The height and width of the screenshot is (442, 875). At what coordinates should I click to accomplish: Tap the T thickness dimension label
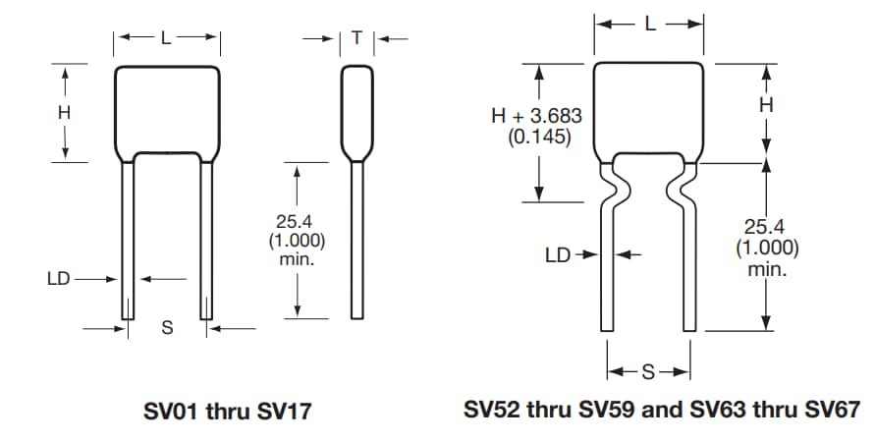pos(356,38)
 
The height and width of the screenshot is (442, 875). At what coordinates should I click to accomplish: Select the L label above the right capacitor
pos(649,25)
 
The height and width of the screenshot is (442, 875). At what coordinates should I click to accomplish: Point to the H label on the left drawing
pos(64,112)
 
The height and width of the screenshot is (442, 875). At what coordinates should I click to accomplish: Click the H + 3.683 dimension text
pos(536,116)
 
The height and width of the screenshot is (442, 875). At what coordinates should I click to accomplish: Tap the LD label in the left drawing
pos(59,279)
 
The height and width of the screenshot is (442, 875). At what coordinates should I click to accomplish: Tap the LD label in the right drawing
pos(558,255)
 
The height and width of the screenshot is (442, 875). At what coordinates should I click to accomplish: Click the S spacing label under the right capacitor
pos(648,372)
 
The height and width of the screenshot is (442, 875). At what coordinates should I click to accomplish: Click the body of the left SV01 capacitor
pos(166,108)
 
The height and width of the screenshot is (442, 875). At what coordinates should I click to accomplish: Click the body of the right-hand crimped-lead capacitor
pos(649,103)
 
